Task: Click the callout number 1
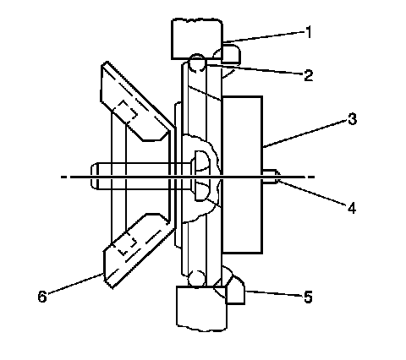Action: (309, 32)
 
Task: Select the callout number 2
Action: (308, 75)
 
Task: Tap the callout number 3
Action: (352, 119)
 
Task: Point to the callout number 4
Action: (352, 208)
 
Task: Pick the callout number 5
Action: (309, 297)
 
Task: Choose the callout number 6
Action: (42, 297)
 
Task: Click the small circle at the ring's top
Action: (197, 63)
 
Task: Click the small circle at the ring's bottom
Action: (196, 279)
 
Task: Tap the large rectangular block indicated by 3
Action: (243, 175)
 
